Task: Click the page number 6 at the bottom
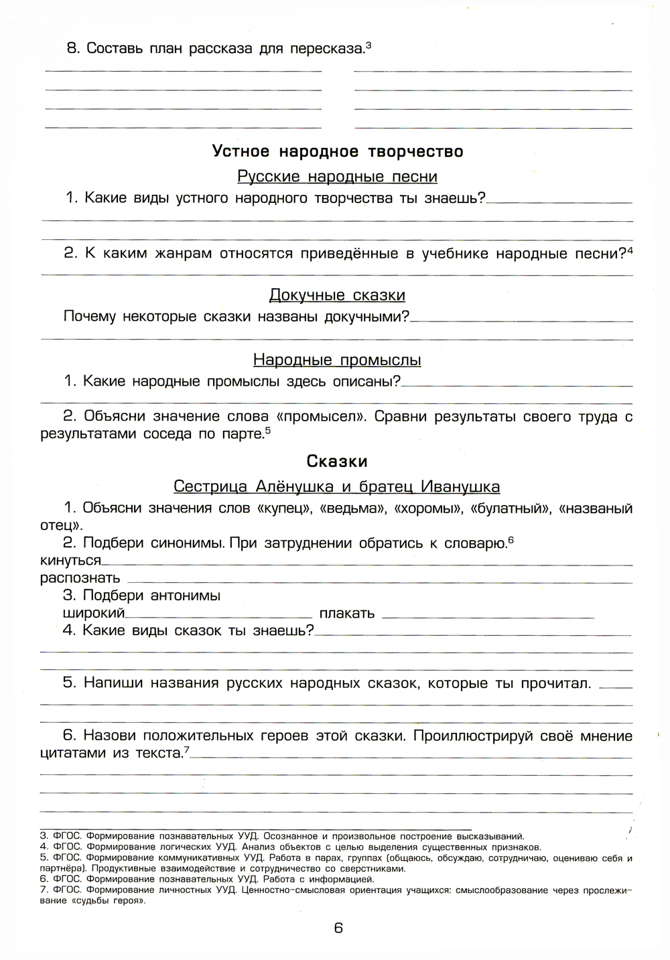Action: click(x=338, y=928)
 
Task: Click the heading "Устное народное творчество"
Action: click(x=338, y=151)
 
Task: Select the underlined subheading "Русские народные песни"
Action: click(x=337, y=177)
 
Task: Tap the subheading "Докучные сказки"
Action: click(x=337, y=295)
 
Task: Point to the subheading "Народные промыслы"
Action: click(x=337, y=360)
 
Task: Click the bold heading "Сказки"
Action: click(x=337, y=462)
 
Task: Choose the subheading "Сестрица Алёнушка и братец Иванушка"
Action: click(x=336, y=486)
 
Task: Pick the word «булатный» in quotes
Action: click(x=511, y=508)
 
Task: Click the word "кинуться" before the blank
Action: click(x=70, y=560)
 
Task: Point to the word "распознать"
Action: click(x=80, y=577)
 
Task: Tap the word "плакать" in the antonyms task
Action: click(x=347, y=613)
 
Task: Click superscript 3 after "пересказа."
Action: click(x=368, y=45)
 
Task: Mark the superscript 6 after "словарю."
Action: click(x=511, y=539)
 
